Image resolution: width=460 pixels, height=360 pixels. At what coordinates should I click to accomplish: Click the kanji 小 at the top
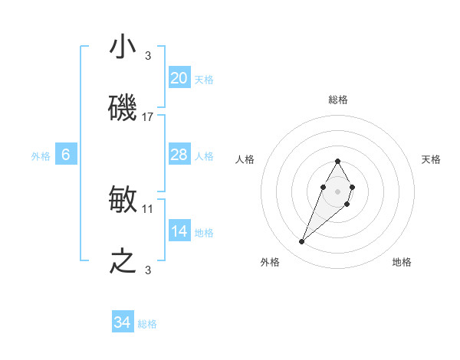pyautogui.click(x=123, y=48)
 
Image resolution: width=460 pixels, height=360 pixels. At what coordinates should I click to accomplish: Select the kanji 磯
pyautogui.click(x=123, y=108)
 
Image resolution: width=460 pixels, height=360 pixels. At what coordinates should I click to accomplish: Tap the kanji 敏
pyautogui.click(x=123, y=200)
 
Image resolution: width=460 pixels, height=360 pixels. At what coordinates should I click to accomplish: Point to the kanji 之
pyautogui.click(x=123, y=261)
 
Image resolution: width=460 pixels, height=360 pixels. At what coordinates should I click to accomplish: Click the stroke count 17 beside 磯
pyautogui.click(x=149, y=117)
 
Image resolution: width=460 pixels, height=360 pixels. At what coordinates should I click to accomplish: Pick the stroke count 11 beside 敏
pyautogui.click(x=149, y=208)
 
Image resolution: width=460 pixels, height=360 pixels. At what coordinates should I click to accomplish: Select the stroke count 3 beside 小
pyautogui.click(x=148, y=55)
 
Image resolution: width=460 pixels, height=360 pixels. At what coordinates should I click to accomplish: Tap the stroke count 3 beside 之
pyautogui.click(x=148, y=270)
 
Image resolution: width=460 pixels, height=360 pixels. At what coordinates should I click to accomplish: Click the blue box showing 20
pyautogui.click(x=179, y=77)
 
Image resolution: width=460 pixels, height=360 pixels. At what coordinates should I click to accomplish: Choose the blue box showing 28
pyautogui.click(x=179, y=155)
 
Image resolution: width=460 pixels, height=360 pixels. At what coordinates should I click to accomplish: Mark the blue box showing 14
pyautogui.click(x=179, y=231)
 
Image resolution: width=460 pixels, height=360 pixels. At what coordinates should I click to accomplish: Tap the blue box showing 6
pyautogui.click(x=66, y=155)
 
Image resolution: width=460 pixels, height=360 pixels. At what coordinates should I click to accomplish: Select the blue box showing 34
pyautogui.click(x=123, y=322)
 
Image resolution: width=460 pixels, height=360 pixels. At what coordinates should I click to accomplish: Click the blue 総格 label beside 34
pyautogui.click(x=147, y=324)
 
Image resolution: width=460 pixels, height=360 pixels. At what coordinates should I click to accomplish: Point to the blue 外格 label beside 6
pyautogui.click(x=41, y=156)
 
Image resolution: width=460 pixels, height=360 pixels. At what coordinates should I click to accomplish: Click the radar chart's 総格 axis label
pyautogui.click(x=337, y=100)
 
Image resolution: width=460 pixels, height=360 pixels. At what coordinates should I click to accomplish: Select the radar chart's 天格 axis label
pyautogui.click(x=432, y=159)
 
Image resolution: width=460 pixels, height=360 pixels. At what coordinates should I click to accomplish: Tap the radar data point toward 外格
pyautogui.click(x=301, y=242)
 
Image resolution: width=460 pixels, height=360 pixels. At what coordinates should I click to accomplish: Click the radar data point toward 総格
pyautogui.click(x=337, y=161)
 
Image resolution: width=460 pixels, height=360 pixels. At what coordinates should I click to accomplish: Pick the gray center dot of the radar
pyautogui.click(x=337, y=191)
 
